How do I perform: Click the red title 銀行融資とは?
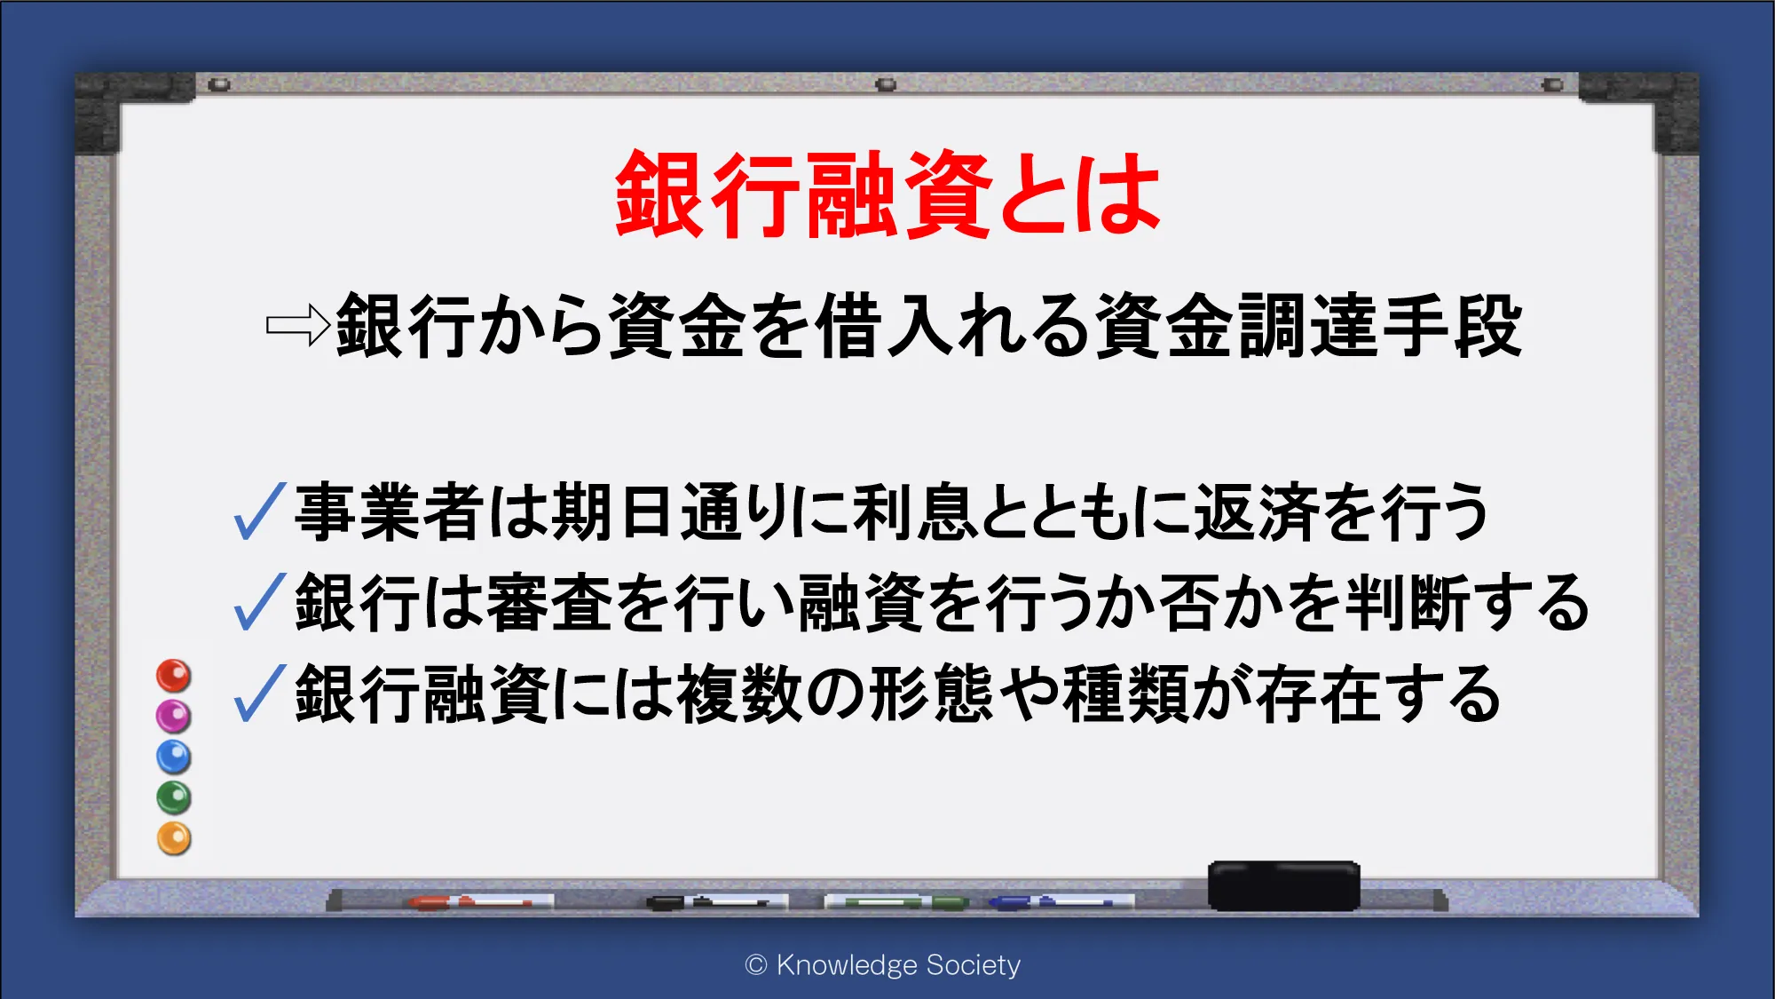coord(887,194)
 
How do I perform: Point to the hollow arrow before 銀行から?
coord(298,325)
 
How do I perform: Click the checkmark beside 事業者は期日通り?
coord(259,511)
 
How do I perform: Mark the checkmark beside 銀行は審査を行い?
coord(259,602)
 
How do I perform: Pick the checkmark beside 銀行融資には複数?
coord(259,693)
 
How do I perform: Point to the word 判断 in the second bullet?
coord(1408,603)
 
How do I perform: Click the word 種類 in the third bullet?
coord(1125,694)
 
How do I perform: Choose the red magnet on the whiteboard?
coord(174,675)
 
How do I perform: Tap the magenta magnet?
coord(174,716)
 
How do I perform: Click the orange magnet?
coord(174,838)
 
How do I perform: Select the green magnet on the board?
coord(174,797)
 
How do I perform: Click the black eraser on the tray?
coord(1283,885)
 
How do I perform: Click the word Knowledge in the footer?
coord(847,965)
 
